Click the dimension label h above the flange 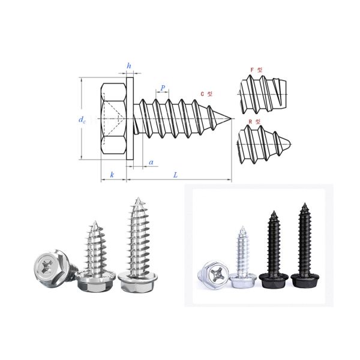[x=128, y=65]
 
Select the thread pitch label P [x=163, y=88]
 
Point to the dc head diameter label [x=82, y=120]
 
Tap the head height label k [x=112, y=175]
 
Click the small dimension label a [x=151, y=162]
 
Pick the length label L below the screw [x=175, y=175]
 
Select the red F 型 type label [x=256, y=70]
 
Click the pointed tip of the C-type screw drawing [x=231, y=119]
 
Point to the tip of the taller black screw [x=302, y=205]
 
